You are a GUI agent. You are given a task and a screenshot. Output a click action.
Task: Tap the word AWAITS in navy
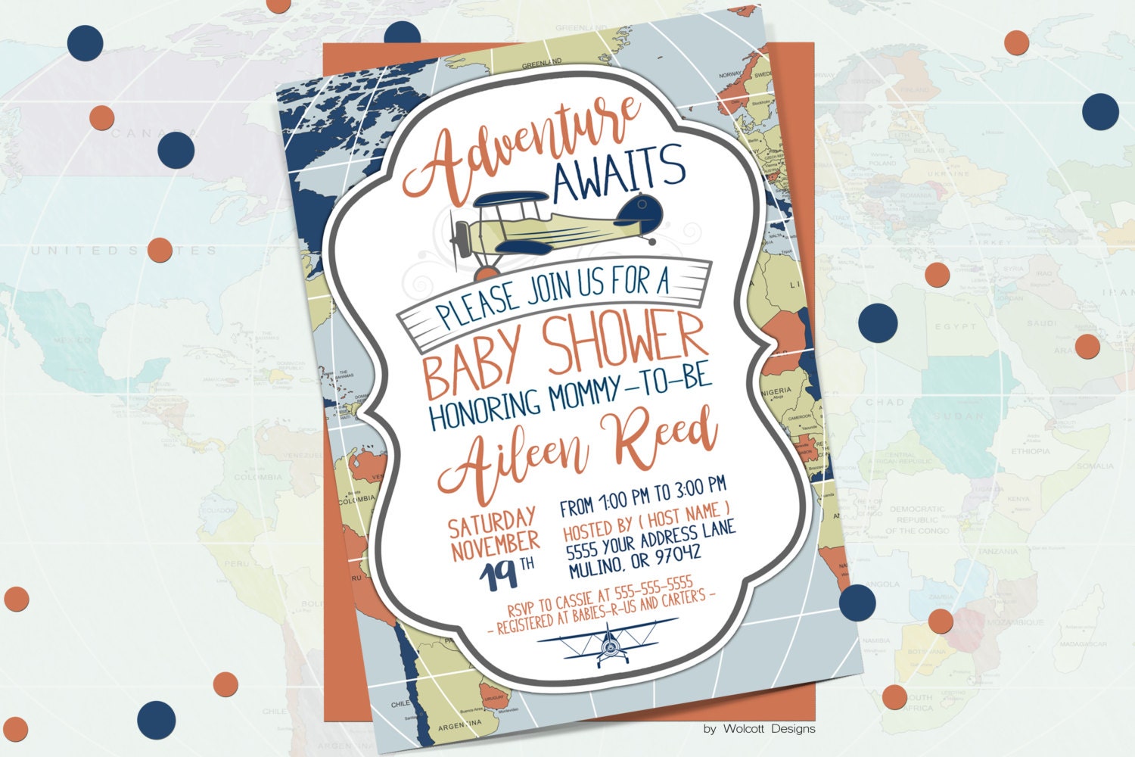click(619, 168)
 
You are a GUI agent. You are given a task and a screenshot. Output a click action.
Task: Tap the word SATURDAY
click(493, 522)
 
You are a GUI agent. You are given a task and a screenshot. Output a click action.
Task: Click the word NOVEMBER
click(495, 544)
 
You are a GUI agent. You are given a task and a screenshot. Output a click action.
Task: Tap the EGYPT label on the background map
click(956, 327)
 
